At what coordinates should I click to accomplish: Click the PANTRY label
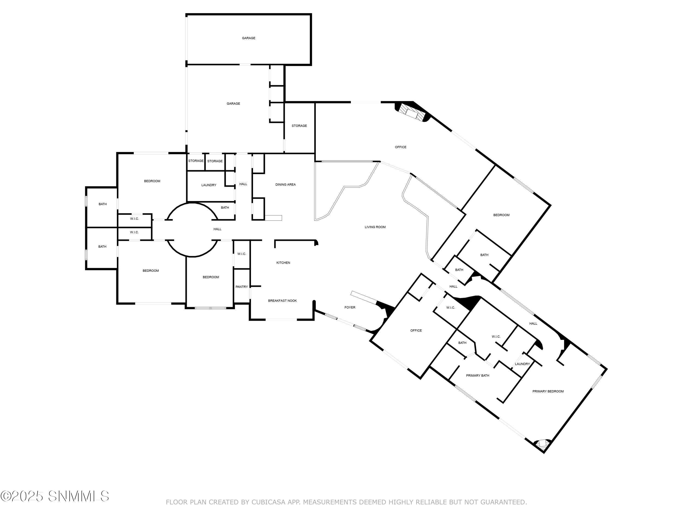[x=242, y=287]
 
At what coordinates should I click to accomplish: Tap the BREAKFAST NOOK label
[x=282, y=301]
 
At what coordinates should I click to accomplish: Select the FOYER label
[x=350, y=307]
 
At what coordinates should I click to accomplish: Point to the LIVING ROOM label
[x=375, y=227]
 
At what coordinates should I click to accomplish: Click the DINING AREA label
[x=286, y=185]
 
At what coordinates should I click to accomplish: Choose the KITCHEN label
[x=283, y=263]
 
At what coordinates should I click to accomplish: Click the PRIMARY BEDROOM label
[x=548, y=391]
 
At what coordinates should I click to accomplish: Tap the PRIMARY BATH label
[x=477, y=376]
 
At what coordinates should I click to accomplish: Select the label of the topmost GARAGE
[x=248, y=38]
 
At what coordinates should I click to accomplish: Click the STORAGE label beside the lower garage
[x=299, y=126]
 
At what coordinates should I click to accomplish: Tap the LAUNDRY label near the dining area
[x=209, y=185]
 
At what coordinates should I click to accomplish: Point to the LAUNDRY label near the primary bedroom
[x=522, y=364]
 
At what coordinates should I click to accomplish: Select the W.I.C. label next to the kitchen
[x=242, y=254]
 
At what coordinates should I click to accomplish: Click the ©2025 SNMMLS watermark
[x=55, y=496]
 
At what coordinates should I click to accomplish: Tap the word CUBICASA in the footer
[x=268, y=502]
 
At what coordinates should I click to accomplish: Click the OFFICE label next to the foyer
[x=416, y=330]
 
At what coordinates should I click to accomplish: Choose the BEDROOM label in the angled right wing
[x=501, y=215]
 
